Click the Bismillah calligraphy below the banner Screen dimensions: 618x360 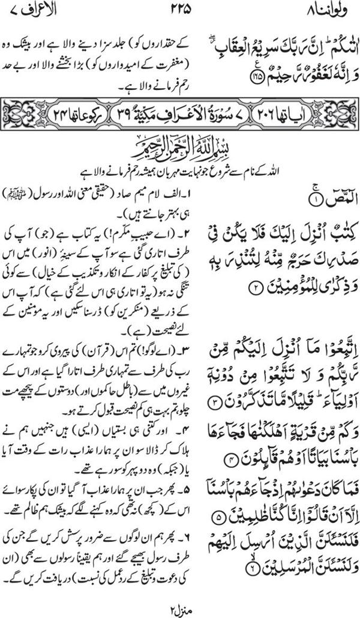180,145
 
